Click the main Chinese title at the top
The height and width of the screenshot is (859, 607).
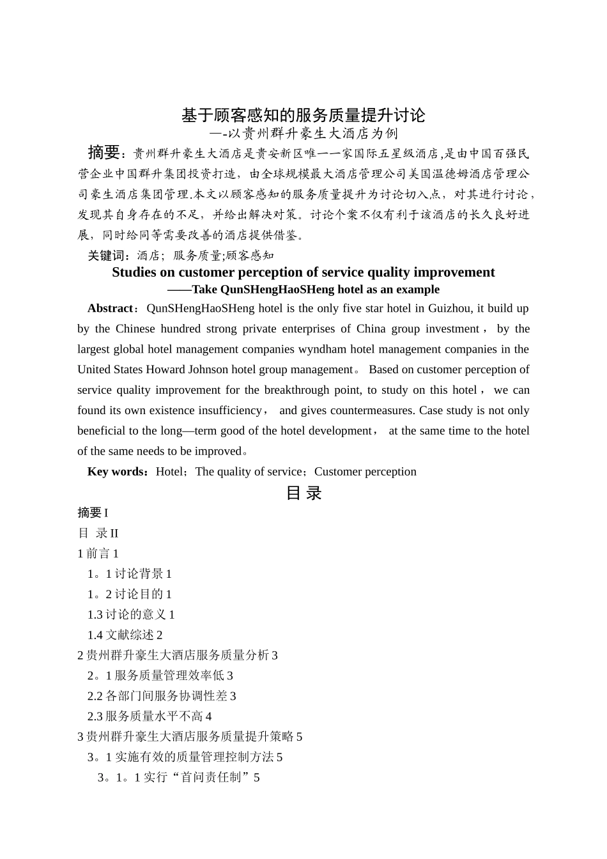pos(303,115)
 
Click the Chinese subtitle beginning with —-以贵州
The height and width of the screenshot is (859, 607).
pos(303,134)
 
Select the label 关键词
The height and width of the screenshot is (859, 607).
pos(107,256)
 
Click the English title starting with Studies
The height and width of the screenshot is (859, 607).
pos(303,272)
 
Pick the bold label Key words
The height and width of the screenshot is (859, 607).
pos(117,472)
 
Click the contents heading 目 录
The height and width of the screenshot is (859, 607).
pos(303,493)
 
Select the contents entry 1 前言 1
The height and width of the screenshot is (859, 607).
pos(98,553)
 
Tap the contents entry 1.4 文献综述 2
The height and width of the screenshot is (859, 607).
pos(125,635)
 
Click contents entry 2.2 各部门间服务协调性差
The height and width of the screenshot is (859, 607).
pos(162,696)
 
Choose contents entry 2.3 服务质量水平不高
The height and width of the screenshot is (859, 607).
pos(150,716)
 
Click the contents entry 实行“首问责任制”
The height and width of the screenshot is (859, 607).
pos(179,778)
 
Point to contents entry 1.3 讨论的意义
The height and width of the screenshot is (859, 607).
pos(131,614)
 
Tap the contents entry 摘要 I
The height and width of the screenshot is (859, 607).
pos(93,513)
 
